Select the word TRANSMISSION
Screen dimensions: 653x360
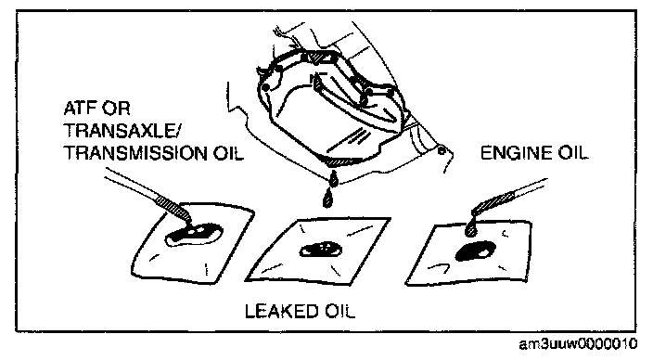tap(134, 153)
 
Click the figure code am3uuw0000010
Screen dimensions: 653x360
tap(578, 344)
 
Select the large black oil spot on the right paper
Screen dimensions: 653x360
tap(476, 251)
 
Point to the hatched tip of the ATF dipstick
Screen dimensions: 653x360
tap(173, 208)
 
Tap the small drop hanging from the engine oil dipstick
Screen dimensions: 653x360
tap(471, 229)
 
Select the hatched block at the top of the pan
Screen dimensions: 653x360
tap(321, 58)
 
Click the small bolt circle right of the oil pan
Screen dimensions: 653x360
tap(441, 151)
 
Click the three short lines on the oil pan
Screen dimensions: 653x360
tap(356, 136)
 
